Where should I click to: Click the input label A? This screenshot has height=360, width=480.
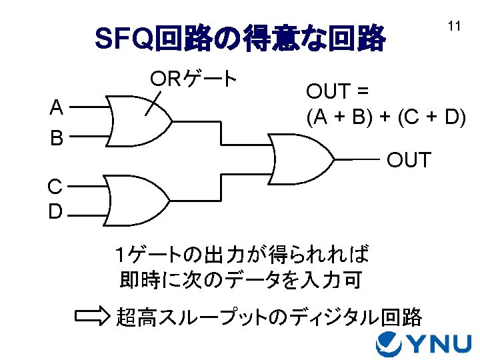[57, 107]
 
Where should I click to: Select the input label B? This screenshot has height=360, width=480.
[57, 139]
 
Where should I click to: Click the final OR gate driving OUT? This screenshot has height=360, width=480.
[301, 159]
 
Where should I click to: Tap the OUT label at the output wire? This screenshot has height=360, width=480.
[409, 161]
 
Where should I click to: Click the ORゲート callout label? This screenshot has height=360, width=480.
[193, 79]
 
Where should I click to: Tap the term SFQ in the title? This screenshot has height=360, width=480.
[125, 39]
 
